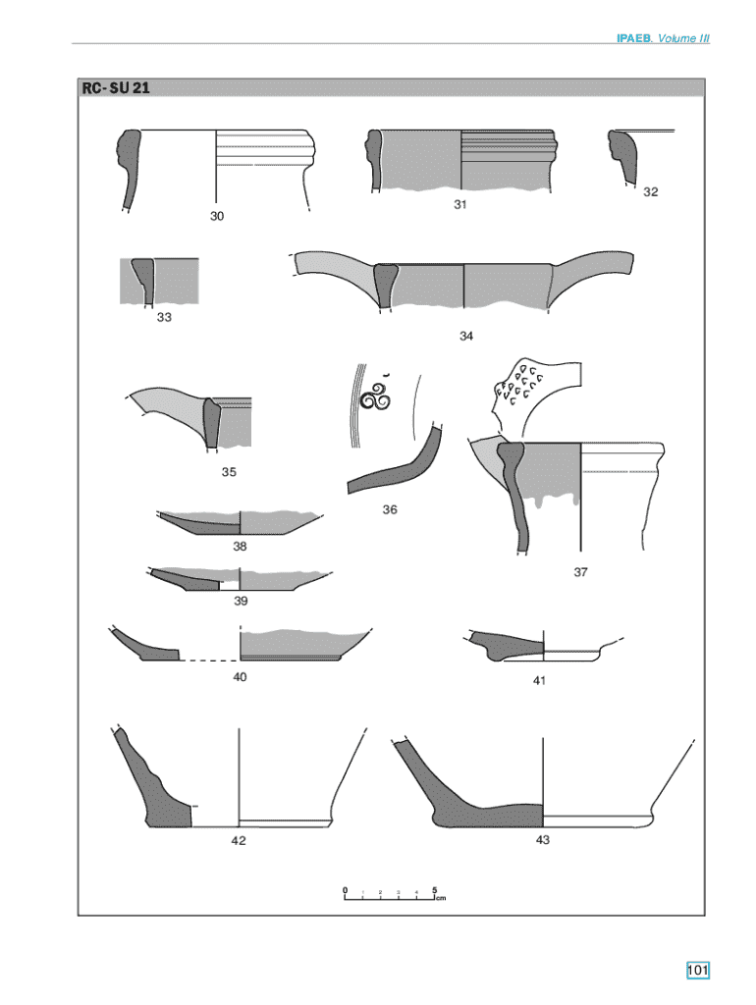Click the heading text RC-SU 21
(116, 87)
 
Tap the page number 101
(698, 970)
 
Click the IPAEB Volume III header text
(663, 38)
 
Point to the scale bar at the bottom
(394, 894)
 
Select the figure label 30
(217, 216)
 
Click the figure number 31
(459, 204)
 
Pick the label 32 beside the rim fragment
(650, 191)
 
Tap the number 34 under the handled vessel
(466, 336)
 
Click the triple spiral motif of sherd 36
(375, 397)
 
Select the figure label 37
(580, 572)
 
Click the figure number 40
(240, 677)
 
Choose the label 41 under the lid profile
(539, 681)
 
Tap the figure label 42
(238, 840)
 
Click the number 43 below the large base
(543, 840)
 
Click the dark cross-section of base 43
(474, 801)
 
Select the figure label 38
(240, 546)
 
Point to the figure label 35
(229, 472)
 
